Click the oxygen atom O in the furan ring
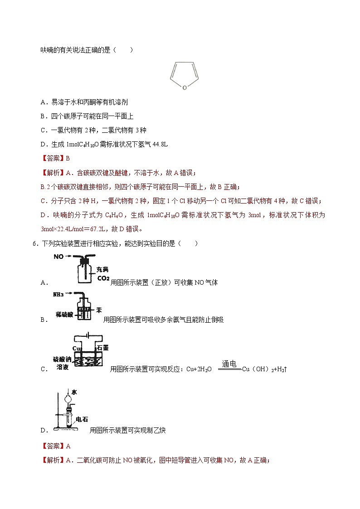click(184, 87)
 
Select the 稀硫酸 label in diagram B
click(64, 314)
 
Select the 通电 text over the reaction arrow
click(229, 364)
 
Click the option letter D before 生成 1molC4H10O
click(43, 144)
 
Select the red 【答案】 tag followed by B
click(53, 158)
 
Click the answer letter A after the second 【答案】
click(68, 446)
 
